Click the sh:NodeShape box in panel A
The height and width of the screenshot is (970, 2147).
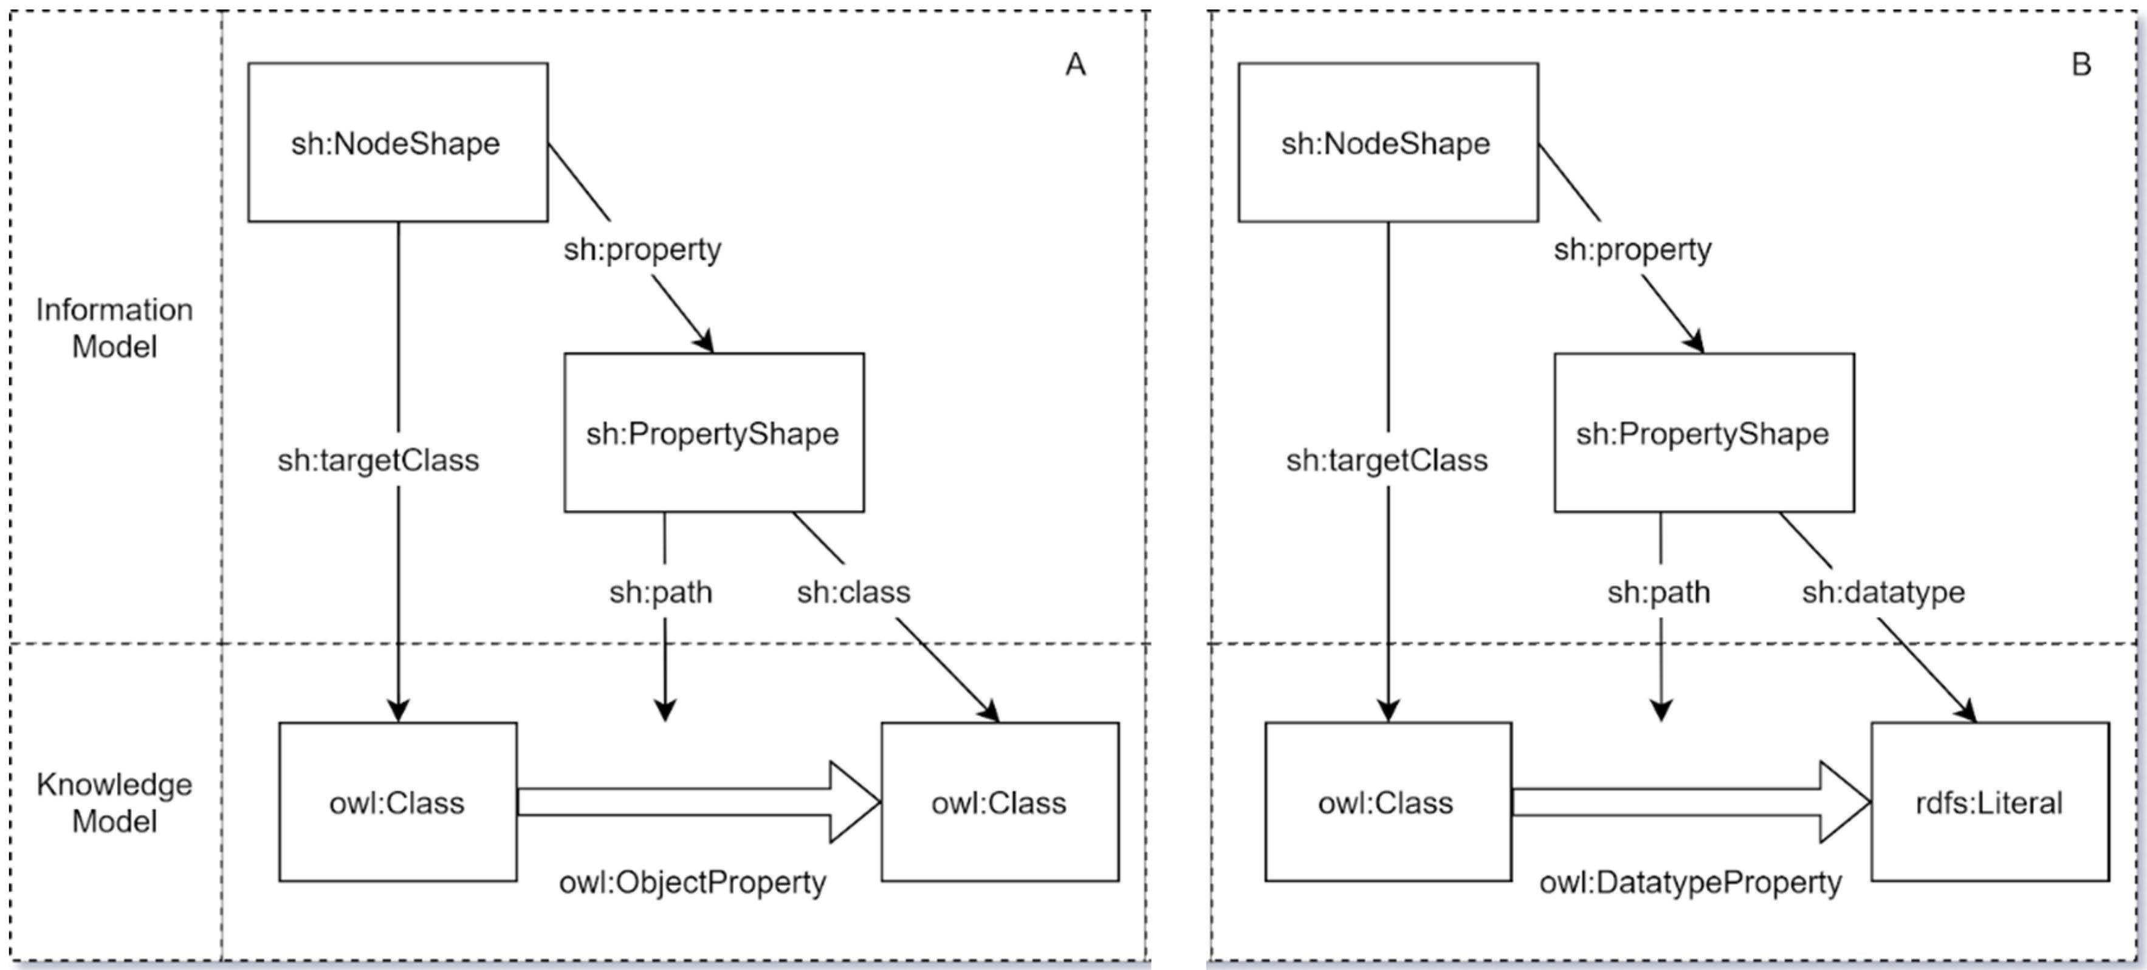click(x=397, y=143)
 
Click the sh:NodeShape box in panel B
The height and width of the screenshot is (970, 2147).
click(x=1388, y=143)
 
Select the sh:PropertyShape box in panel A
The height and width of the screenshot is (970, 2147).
click(x=713, y=432)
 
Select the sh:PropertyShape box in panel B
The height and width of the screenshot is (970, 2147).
click(x=1703, y=432)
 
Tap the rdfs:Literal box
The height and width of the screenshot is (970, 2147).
click(x=1990, y=802)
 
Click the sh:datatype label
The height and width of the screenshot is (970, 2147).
click(x=1883, y=592)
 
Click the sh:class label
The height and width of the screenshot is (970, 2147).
click(x=853, y=592)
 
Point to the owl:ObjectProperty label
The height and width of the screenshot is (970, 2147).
click(x=693, y=882)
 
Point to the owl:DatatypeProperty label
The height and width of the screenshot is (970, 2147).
click(x=1690, y=882)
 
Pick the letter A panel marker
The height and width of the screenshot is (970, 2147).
click(x=1075, y=64)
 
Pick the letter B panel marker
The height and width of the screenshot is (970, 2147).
click(x=2081, y=64)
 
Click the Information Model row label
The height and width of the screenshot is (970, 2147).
click(x=114, y=327)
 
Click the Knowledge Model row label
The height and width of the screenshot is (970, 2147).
click(x=114, y=802)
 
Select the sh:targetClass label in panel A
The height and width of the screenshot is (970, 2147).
click(x=379, y=460)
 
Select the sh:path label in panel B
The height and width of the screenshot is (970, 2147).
click(x=1658, y=592)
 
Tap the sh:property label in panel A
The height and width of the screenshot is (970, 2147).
click(x=642, y=249)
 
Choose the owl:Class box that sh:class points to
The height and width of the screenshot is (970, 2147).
click(x=999, y=802)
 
